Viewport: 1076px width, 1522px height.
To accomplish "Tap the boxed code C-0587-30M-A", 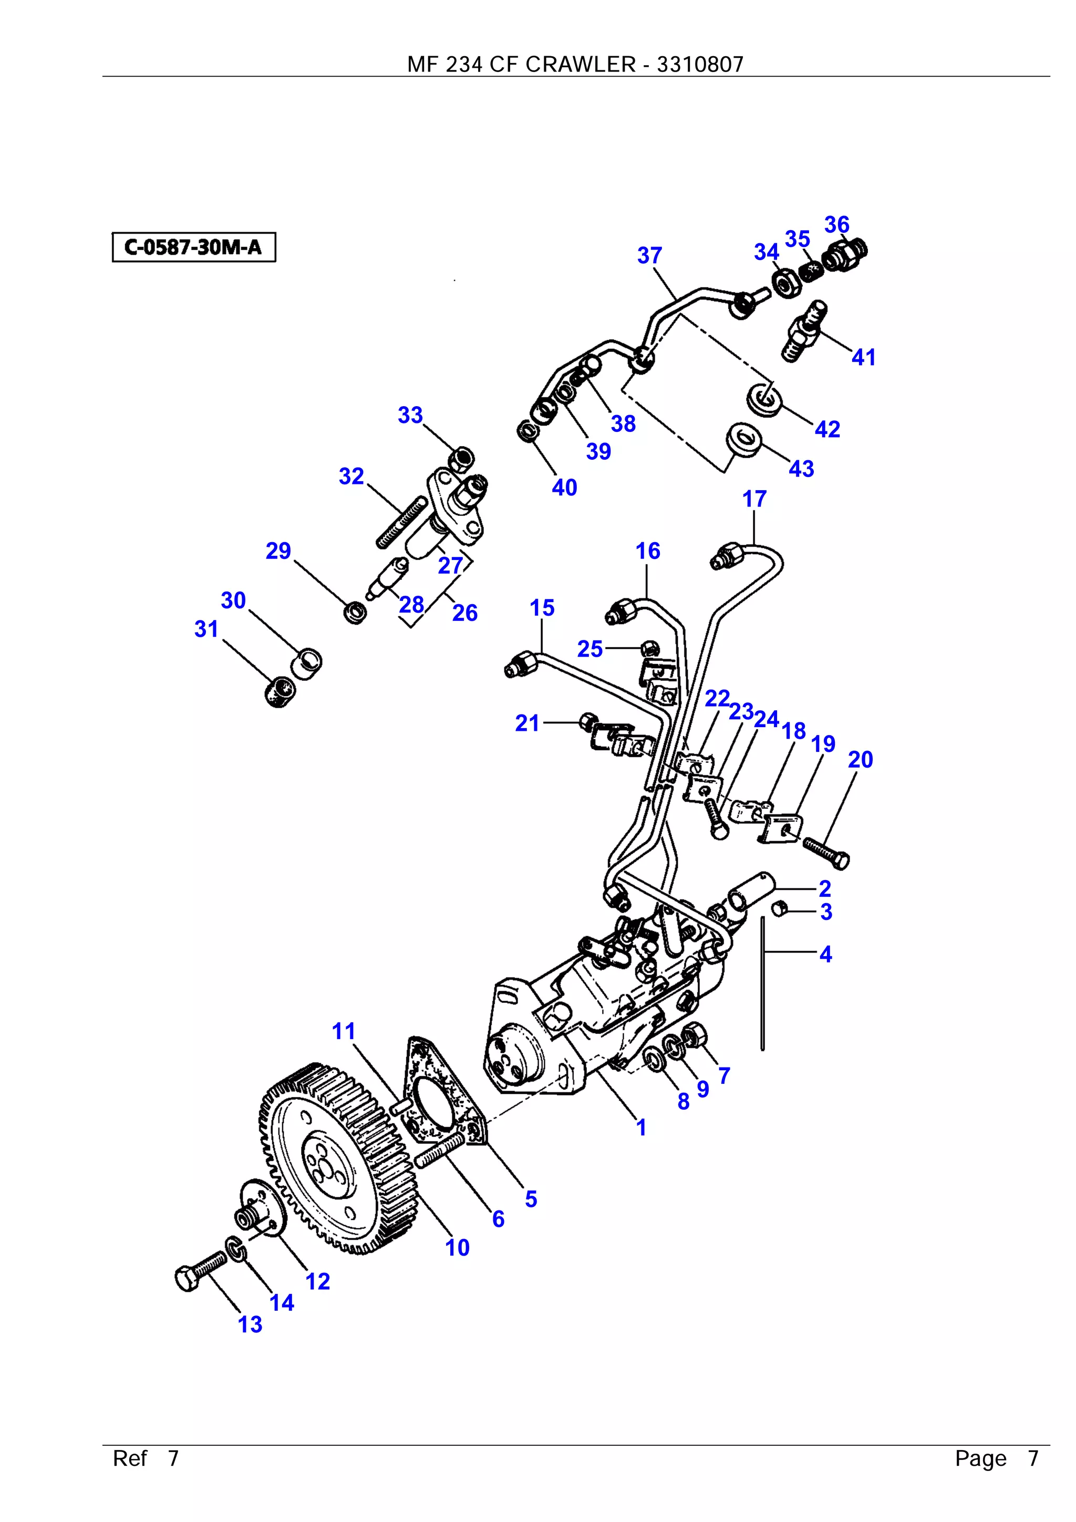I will (193, 247).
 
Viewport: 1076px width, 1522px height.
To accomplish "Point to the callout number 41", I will (863, 357).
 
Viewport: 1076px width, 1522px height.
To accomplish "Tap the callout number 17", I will (754, 499).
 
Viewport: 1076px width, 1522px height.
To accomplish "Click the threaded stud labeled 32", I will (400, 524).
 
